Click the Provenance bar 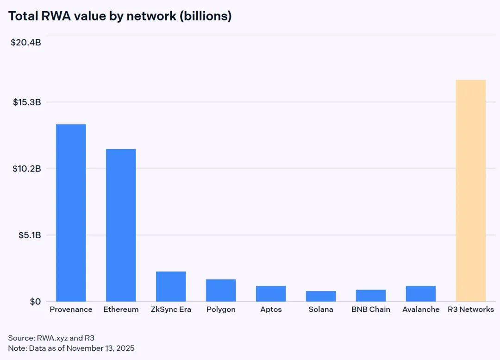[71, 213]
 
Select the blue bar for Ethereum [121, 225]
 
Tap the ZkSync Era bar [171, 286]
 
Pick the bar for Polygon [221, 291]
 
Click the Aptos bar [271, 294]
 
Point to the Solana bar [321, 296]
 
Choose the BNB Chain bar [371, 296]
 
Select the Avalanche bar [421, 294]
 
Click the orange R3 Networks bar [471, 190]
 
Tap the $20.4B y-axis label [26, 43]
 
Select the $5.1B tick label [30, 235]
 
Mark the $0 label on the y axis [35, 302]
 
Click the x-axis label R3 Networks [471, 309]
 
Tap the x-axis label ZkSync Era [171, 309]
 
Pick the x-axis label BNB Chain [371, 309]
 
